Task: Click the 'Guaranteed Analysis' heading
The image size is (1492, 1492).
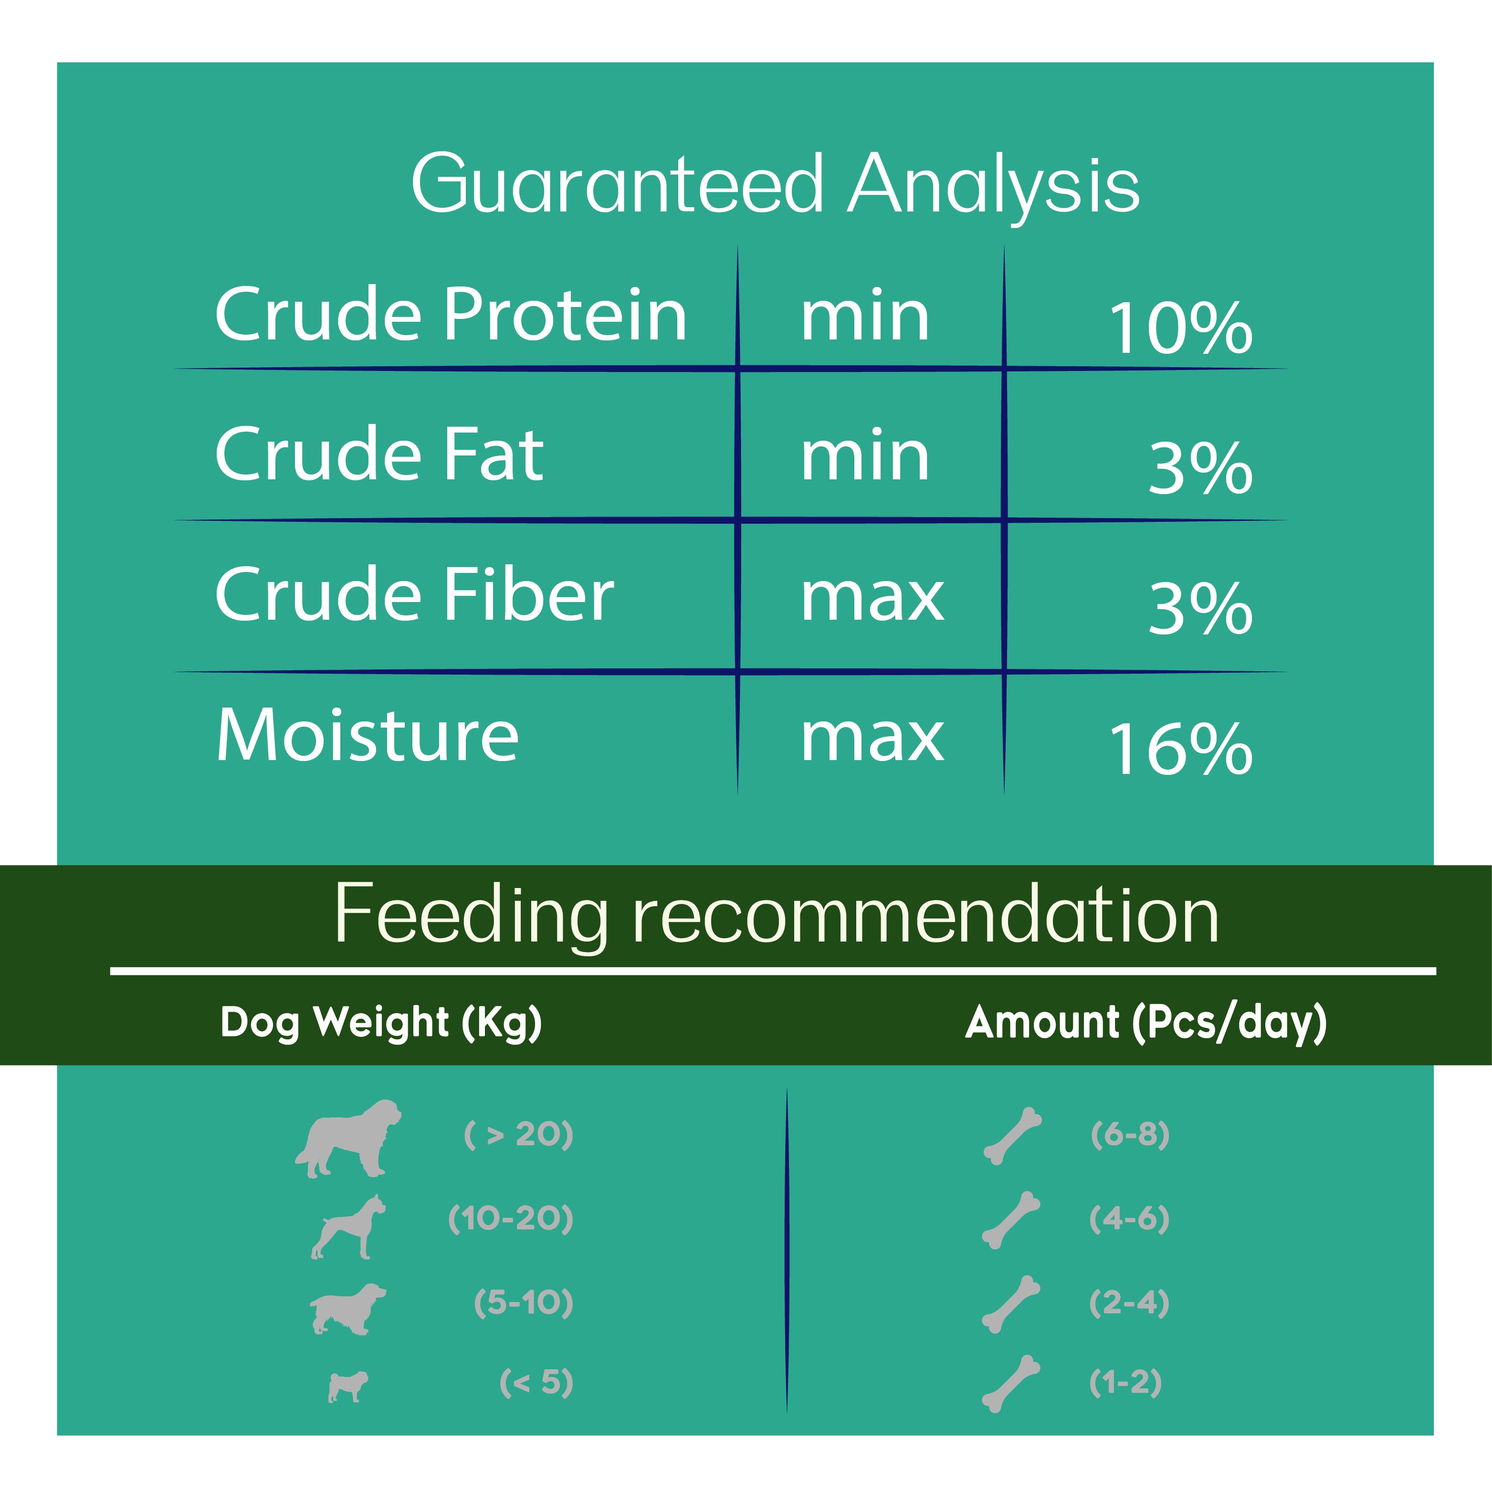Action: (x=775, y=185)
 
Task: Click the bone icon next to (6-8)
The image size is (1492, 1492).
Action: (x=1012, y=1136)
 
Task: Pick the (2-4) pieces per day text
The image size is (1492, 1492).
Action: (x=1129, y=1303)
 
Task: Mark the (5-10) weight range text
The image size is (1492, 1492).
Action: (x=524, y=1303)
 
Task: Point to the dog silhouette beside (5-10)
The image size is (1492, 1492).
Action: (x=347, y=1308)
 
